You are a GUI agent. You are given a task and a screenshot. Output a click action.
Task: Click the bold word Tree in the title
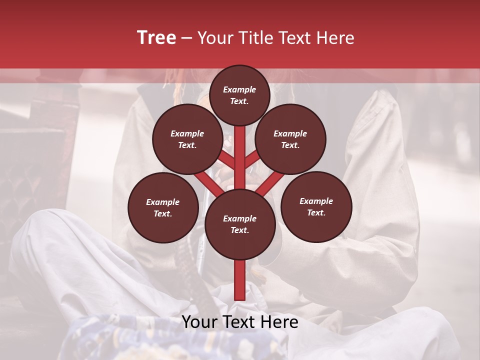coord(156,37)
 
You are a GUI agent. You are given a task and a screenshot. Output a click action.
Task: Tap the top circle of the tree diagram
coord(239,95)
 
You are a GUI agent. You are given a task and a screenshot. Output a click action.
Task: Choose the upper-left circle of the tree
coord(187,139)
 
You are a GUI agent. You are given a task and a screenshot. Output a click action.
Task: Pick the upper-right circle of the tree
coord(290,139)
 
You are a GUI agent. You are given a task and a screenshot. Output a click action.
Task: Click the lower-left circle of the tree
coord(162,207)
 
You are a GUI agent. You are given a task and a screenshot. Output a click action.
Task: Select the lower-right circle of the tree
coord(316,206)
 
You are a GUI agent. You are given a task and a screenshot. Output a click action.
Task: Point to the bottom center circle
coord(239,224)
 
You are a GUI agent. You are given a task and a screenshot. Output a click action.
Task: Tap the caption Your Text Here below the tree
coord(240,322)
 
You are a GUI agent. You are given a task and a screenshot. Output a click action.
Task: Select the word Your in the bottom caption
coord(198,322)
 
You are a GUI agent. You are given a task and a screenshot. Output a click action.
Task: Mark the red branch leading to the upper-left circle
coord(226,159)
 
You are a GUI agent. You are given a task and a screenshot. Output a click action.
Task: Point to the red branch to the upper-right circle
coord(253,159)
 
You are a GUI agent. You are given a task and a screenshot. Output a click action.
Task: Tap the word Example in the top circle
coord(239,89)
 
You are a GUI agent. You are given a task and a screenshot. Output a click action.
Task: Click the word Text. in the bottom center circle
coord(239,230)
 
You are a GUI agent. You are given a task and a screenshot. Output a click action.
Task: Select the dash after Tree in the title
coord(186,37)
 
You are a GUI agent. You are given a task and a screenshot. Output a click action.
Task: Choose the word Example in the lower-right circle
coord(316,201)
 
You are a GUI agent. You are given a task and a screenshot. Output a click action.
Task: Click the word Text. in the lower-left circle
coord(162,213)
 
